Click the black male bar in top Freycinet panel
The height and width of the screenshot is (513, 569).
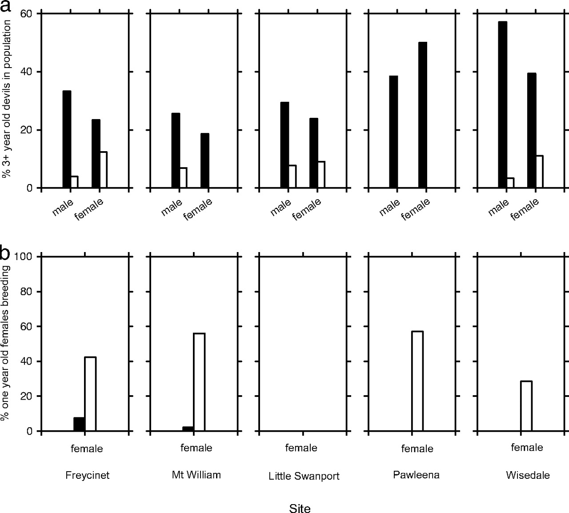coord(67,139)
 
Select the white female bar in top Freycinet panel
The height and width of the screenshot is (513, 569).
coord(103,170)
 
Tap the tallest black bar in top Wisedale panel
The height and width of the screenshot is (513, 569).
coord(502,104)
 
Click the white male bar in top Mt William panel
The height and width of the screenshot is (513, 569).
coord(183,178)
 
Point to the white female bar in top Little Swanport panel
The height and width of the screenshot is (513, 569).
coord(321,174)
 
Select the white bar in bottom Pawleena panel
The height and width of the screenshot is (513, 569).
coord(417,381)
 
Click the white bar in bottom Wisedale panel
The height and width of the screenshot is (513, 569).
coord(526,406)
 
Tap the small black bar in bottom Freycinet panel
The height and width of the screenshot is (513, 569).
coord(79,424)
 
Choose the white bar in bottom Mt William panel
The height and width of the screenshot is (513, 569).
coord(199,382)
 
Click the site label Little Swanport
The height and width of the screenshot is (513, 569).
coord(304,476)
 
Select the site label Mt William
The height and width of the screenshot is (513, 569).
coord(196,475)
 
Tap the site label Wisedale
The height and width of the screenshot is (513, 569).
coord(528,475)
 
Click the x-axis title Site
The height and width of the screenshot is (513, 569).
coord(300,508)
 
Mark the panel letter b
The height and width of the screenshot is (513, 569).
coord(5,253)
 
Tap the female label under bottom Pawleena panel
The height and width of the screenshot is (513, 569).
coord(417,449)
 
